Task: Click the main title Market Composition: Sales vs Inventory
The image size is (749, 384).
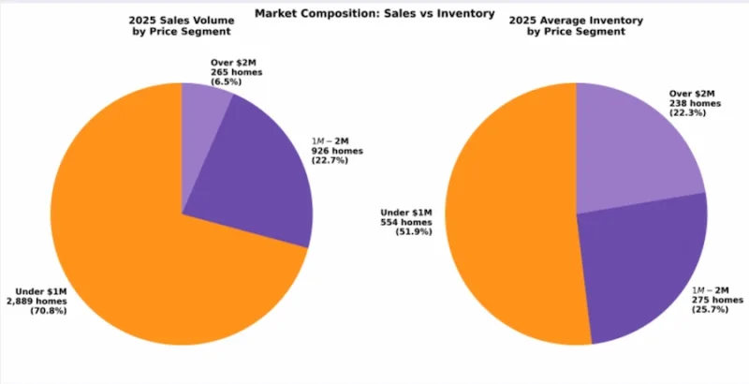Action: point(374,12)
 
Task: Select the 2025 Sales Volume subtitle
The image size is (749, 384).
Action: point(182,25)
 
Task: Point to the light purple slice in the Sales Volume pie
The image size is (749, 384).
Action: point(206,103)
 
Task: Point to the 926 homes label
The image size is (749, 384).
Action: point(337,150)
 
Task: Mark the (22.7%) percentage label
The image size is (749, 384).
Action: point(330,160)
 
